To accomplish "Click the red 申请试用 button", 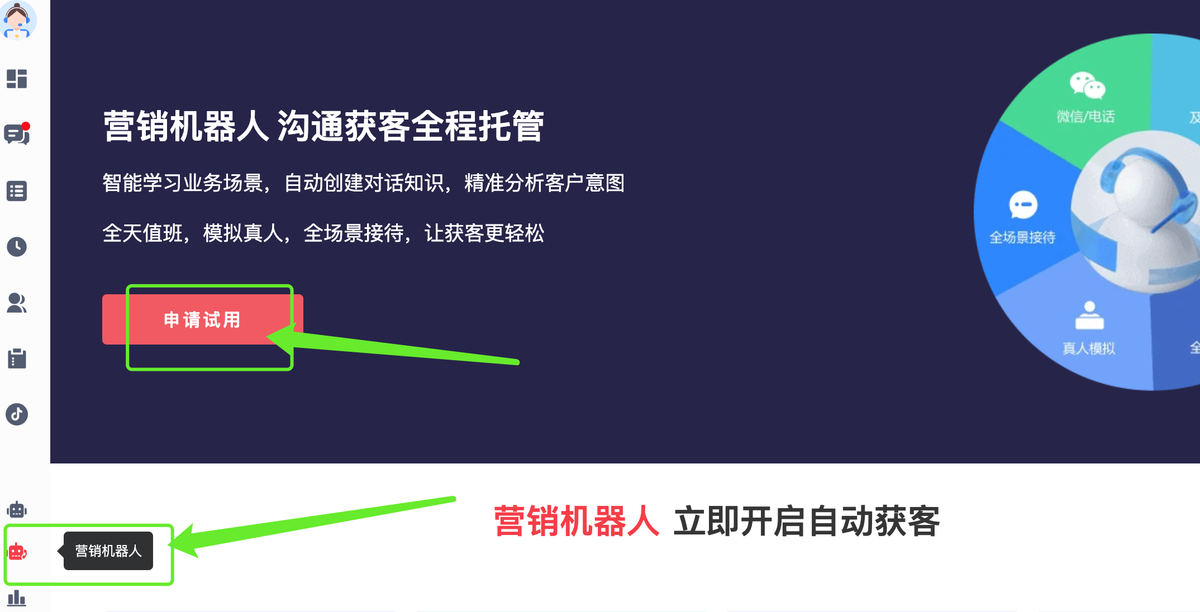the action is [x=202, y=319].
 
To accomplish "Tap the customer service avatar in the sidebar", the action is [x=18, y=20].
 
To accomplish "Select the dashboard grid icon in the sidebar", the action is [x=17, y=79].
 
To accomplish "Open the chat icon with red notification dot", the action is [x=17, y=134].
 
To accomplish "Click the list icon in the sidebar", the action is [x=17, y=191].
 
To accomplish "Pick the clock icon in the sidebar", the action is [x=17, y=247].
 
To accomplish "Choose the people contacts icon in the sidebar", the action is [x=17, y=303].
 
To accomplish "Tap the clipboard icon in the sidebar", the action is [x=17, y=358].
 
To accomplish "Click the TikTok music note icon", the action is [x=17, y=414].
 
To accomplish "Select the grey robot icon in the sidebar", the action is [x=17, y=509].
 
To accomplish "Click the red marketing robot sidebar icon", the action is [x=17, y=552].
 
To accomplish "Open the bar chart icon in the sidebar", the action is [x=17, y=598].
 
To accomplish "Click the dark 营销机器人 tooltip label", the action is [x=108, y=551].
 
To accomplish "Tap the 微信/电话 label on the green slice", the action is [x=1085, y=117].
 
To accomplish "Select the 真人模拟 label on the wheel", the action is [x=1089, y=348].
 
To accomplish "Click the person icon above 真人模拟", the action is [x=1089, y=315].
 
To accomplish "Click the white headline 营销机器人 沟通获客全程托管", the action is [x=323, y=126].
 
